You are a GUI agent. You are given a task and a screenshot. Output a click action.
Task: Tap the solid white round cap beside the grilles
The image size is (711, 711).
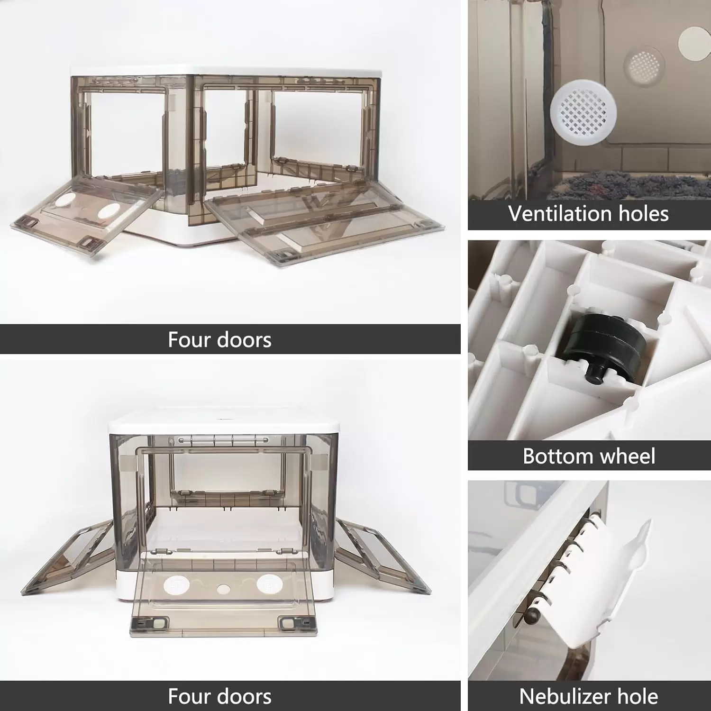[x=695, y=43]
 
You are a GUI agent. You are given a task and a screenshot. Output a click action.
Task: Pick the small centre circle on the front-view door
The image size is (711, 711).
[x=223, y=589]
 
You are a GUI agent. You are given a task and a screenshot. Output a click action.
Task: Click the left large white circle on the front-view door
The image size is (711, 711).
[x=176, y=584]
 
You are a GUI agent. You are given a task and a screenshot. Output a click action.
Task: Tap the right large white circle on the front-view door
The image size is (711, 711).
[x=270, y=583]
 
